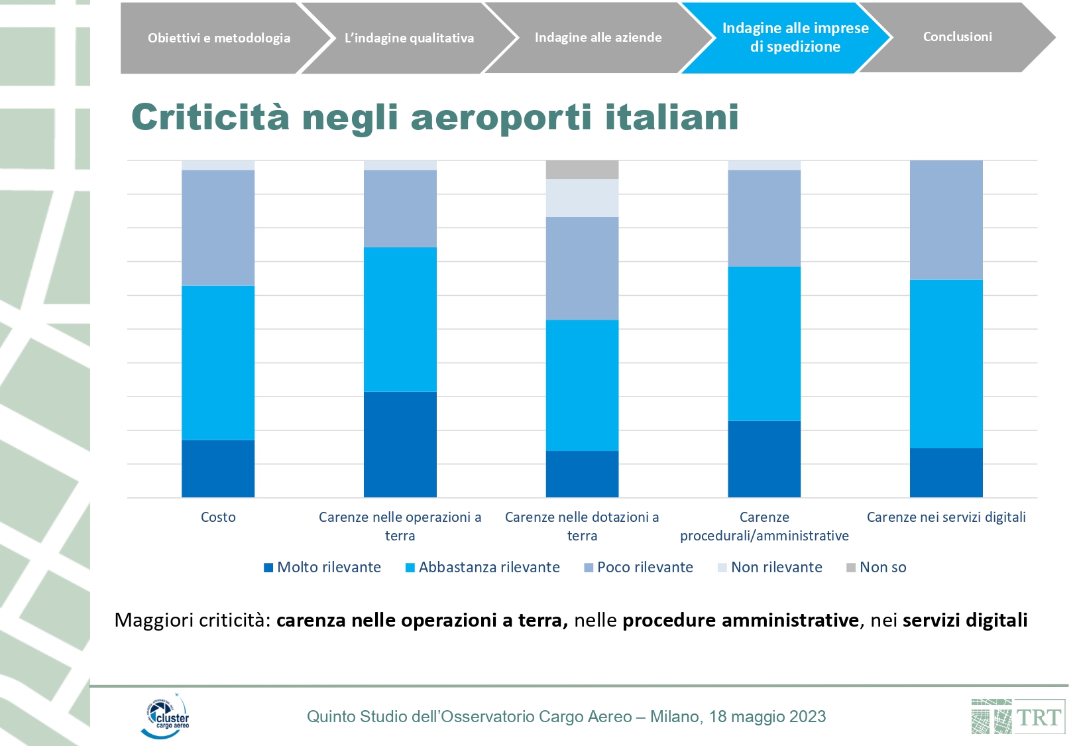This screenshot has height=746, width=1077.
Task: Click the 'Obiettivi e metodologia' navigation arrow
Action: pos(219,38)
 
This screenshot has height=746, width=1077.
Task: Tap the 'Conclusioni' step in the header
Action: pos(957,37)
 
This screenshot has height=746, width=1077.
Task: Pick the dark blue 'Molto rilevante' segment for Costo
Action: pos(218,468)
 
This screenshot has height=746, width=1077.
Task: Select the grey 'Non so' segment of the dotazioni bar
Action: pos(582,170)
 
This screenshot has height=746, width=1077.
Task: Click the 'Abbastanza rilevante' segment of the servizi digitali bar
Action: pos(946,364)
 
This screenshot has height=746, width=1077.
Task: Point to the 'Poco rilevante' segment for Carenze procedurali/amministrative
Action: pos(764,218)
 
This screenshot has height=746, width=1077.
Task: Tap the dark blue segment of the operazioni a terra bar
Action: pos(400,444)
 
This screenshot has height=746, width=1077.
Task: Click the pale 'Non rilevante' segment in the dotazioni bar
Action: pos(582,198)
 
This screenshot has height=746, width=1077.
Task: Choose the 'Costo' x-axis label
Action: pos(218,517)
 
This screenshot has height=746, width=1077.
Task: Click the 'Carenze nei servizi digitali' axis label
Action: pos(946,517)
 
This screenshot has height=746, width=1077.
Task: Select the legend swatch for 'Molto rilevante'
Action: pos(268,568)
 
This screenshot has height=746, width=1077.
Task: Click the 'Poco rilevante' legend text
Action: pos(645,567)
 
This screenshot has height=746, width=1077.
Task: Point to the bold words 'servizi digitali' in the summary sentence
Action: pos(965,620)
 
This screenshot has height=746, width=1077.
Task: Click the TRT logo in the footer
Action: pos(1017,717)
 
